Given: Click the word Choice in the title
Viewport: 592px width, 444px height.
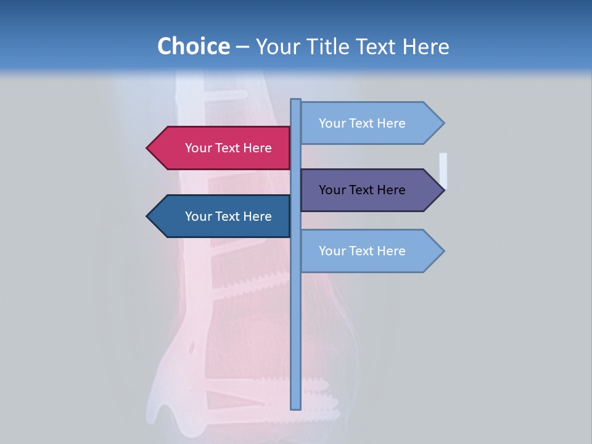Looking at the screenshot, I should (193, 46).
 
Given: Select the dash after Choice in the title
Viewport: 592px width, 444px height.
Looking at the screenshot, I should (242, 47).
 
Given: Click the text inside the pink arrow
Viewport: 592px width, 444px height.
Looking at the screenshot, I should (228, 148).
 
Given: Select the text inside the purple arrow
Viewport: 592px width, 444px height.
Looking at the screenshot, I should (362, 190).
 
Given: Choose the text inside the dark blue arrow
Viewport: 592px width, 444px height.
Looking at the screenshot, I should (228, 216).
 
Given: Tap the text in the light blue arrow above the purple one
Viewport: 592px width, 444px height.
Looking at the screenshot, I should (362, 123).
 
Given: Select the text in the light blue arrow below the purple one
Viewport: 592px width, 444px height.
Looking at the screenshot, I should (362, 251).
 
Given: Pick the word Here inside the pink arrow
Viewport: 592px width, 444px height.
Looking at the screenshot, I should (258, 148).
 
